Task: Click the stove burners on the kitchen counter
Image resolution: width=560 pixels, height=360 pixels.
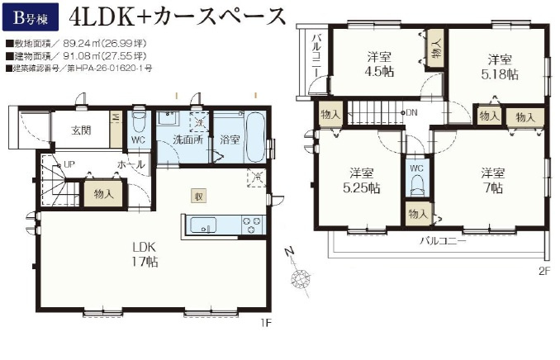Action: click(250, 225)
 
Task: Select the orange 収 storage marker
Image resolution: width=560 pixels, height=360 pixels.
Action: click(199, 196)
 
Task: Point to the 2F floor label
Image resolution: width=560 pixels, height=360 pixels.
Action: click(543, 270)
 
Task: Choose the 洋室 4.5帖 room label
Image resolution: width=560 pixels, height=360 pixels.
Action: click(380, 64)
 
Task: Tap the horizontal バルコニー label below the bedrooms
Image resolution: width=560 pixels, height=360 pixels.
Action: click(442, 242)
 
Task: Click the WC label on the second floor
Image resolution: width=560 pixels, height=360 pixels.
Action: click(416, 168)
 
